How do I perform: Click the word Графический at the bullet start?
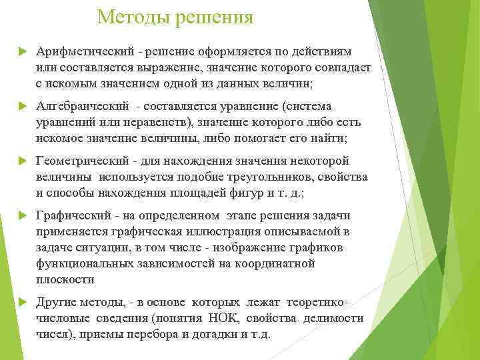click(x=70, y=216)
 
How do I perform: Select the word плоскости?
click(x=65, y=280)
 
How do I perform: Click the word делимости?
click(x=333, y=319)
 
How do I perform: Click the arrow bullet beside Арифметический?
click(x=23, y=52)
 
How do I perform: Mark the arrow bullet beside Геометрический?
click(x=23, y=161)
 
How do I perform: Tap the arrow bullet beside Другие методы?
click(x=23, y=303)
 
